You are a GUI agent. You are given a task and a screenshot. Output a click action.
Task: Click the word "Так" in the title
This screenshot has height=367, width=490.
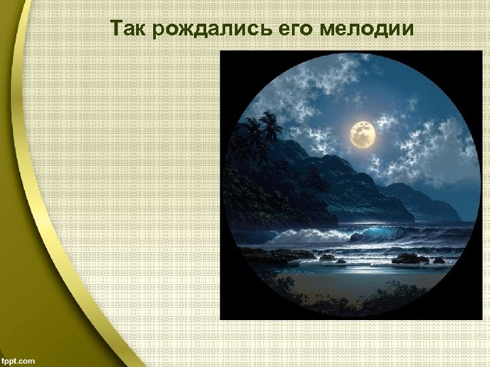point(126,29)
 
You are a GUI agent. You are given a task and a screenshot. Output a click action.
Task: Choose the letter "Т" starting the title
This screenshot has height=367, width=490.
point(116,29)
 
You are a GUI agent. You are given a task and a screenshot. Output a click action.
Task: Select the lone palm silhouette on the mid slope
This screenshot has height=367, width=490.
point(315,178)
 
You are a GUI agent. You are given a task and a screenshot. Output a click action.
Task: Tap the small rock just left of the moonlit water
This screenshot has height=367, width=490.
point(327,257)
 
